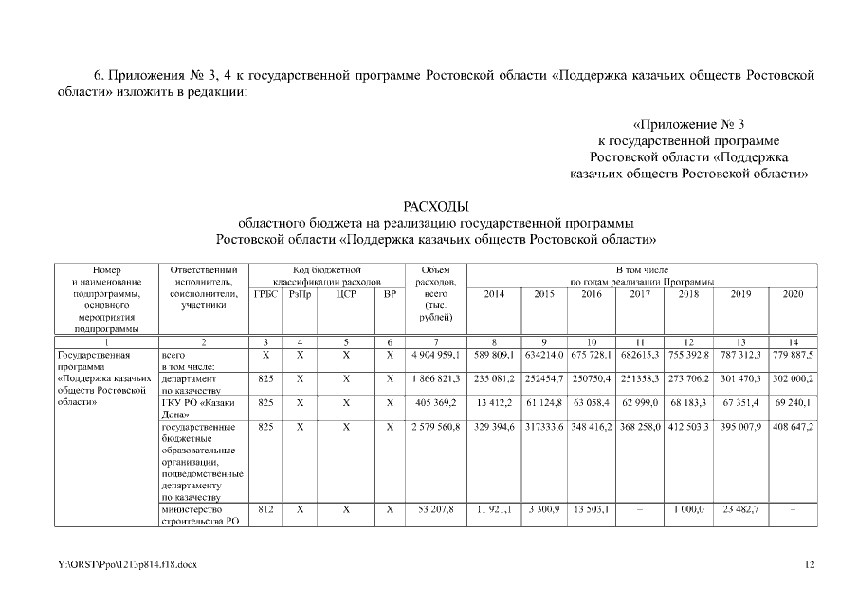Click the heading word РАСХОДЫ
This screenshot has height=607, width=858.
[436, 205]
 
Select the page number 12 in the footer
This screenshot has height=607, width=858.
[810, 565]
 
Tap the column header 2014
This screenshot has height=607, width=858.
[494, 294]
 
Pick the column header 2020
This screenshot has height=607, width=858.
[793, 294]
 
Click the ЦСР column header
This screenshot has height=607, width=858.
[346, 294]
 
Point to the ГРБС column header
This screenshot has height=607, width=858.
[266, 294]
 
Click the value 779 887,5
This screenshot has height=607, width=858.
[793, 355]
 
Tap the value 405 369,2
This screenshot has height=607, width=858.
[436, 402]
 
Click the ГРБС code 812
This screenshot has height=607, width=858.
[266, 509]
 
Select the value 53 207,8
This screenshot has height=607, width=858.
[436, 509]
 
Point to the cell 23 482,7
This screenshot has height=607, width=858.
[741, 509]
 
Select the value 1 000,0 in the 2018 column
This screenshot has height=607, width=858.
[688, 509]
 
